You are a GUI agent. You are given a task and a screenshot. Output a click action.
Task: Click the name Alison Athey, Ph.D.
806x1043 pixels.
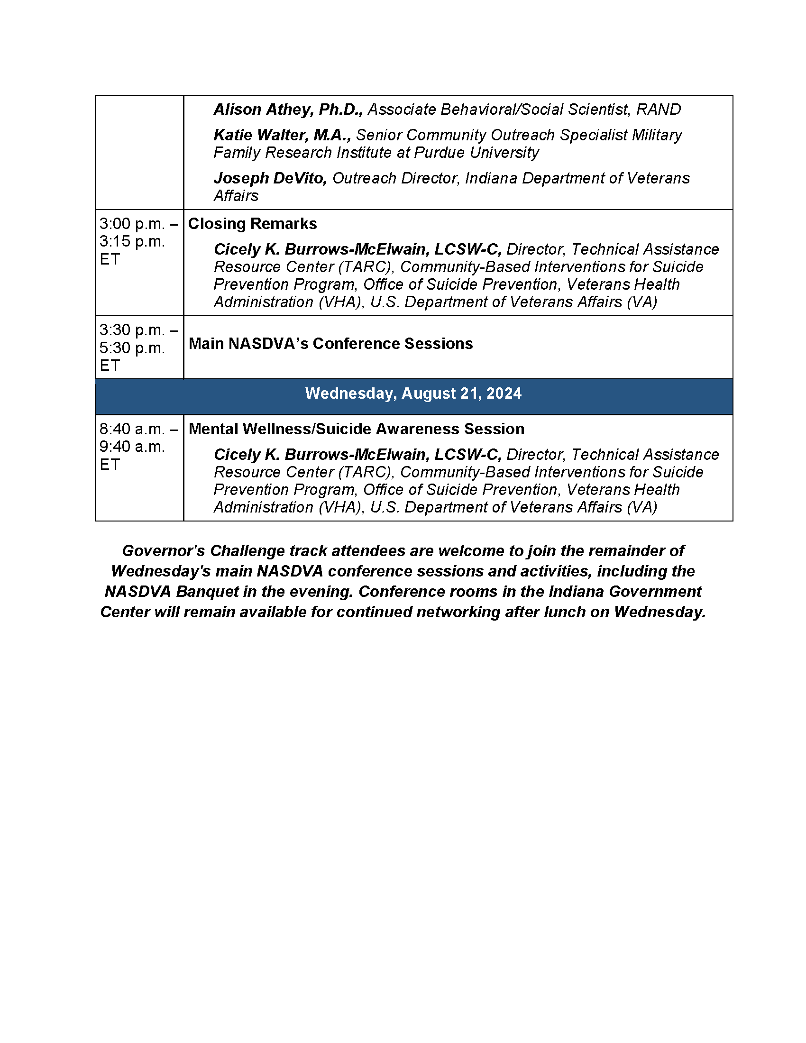click(288, 110)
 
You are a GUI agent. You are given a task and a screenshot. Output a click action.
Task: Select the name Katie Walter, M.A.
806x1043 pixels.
click(282, 135)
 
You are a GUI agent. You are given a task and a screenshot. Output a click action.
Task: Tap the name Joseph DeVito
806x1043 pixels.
click(270, 178)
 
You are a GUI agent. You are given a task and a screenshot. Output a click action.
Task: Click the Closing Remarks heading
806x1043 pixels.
click(252, 223)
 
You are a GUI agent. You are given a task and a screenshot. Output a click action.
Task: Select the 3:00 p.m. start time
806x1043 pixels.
click(132, 223)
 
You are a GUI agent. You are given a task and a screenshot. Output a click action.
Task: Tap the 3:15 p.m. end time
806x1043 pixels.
click(132, 241)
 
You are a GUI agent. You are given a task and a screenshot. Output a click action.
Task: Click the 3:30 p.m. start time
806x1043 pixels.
click(132, 329)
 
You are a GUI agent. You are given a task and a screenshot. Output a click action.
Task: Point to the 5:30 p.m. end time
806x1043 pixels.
click(132, 348)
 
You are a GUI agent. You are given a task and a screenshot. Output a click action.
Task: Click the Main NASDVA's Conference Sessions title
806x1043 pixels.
click(330, 344)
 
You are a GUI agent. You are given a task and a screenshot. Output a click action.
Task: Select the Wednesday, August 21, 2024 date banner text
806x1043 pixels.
click(413, 393)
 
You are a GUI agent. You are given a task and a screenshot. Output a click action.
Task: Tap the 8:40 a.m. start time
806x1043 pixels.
click(132, 429)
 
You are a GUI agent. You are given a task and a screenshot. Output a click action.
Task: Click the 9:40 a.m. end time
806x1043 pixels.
click(132, 447)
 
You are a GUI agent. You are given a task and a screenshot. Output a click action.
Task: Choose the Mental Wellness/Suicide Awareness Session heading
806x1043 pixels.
click(356, 429)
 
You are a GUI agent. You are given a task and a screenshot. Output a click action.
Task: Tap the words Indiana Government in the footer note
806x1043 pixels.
click(625, 592)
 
